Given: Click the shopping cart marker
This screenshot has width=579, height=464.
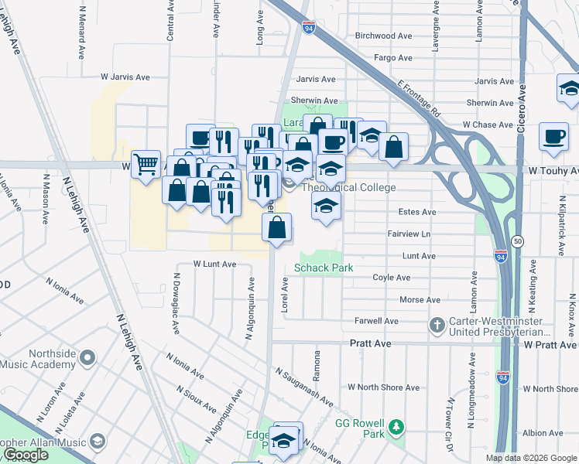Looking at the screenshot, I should (x=146, y=164).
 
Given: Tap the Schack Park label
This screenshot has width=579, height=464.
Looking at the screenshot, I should (x=324, y=268).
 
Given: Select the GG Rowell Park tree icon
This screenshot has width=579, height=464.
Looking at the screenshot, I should (x=396, y=427).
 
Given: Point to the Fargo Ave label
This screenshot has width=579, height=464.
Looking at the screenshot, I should (x=393, y=58).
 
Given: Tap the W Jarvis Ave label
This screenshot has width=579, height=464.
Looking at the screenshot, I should (x=125, y=77).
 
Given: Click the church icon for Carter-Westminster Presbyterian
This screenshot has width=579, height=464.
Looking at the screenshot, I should (x=437, y=325).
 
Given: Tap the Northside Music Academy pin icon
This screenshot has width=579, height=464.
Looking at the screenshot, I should (x=87, y=358).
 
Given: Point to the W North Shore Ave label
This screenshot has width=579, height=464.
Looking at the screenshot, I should (x=383, y=387).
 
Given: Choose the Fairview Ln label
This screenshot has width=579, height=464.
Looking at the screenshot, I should (x=408, y=234).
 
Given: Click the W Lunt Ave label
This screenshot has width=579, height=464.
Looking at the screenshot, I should (x=214, y=264).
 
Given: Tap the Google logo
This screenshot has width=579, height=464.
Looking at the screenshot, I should (x=26, y=455).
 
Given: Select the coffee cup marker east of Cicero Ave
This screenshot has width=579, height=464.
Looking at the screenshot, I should (x=553, y=136).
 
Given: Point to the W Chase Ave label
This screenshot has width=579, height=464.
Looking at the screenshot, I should (x=488, y=125).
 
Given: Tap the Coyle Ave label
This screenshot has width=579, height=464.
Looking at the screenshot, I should (x=391, y=278).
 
